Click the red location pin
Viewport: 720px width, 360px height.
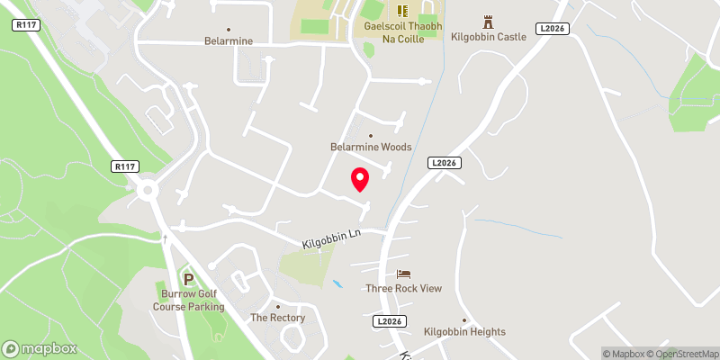tap(360, 179)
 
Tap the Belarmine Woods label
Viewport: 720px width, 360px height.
tap(370, 147)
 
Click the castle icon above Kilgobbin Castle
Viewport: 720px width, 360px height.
tap(489, 21)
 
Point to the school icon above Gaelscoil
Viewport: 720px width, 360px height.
tap(401, 10)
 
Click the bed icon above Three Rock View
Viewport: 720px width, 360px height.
tap(404, 274)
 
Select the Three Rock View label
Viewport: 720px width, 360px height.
tap(404, 288)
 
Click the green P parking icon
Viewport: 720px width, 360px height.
tap(188, 279)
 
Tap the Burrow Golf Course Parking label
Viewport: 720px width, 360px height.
tap(188, 301)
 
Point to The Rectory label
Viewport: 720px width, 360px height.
tap(277, 318)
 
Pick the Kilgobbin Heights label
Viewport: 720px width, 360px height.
tap(465, 332)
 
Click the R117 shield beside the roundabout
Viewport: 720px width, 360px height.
tap(125, 166)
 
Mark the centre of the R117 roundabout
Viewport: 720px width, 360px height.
tap(148, 189)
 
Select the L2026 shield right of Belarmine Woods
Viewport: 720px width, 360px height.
tap(444, 163)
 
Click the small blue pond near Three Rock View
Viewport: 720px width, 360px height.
tap(337, 283)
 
